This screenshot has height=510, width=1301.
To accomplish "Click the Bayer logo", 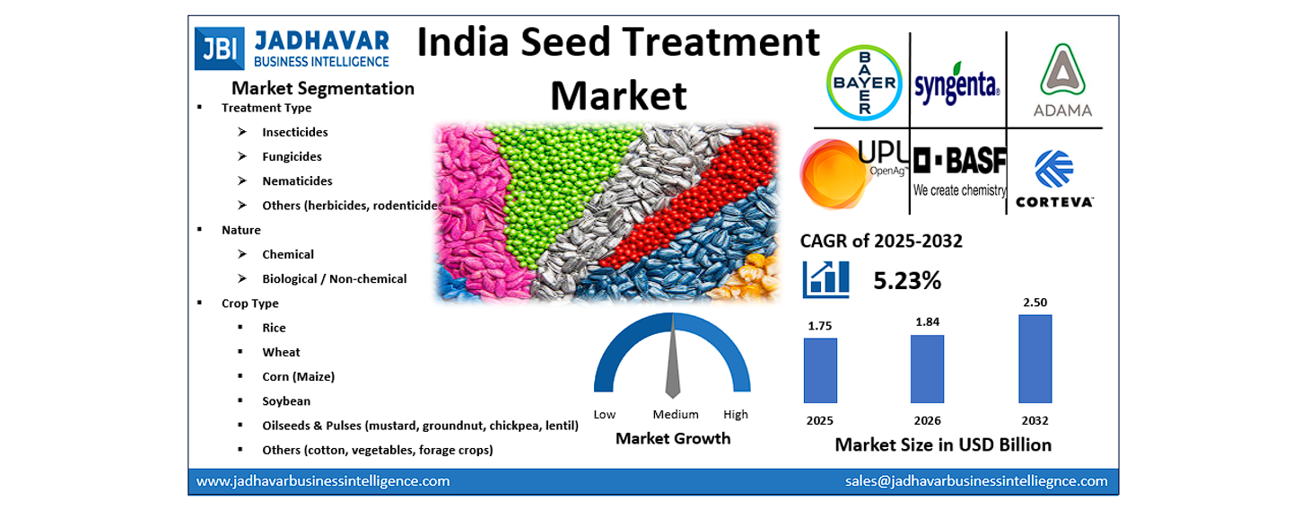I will point(862,83).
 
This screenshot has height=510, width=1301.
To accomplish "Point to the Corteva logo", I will point(1053,180).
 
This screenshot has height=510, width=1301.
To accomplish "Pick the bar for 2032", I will point(1035,358).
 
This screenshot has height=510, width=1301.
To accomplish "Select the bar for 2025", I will point(820,370).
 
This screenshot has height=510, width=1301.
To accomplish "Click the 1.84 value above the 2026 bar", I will point(927,321).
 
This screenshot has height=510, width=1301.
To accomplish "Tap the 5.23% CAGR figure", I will point(907,281).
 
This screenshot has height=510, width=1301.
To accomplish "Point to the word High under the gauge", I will point(736,415).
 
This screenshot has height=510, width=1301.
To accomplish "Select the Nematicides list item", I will point(297,181).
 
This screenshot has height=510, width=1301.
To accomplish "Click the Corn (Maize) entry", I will point(298,377).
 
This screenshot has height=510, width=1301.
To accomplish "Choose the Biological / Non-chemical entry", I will point(334,279).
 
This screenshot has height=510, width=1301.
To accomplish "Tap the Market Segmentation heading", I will point(323,88).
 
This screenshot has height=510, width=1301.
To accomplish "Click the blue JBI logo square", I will point(218,48).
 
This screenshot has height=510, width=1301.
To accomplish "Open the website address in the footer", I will point(323,481).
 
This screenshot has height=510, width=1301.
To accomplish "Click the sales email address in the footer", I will point(976,481).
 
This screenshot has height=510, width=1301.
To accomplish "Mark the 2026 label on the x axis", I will point(927,420).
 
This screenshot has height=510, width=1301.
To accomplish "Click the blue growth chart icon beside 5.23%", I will point(826,279).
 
